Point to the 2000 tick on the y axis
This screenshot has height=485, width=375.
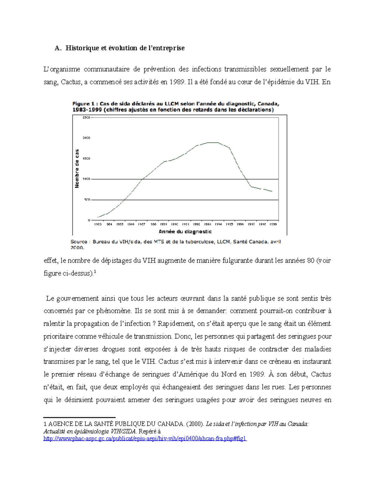pyautogui.click(x=86, y=138)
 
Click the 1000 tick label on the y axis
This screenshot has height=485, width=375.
pyautogui.click(x=86, y=179)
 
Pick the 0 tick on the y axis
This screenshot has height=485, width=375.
pyautogui.click(x=89, y=220)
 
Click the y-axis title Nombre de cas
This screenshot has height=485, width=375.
pyautogui.click(x=77, y=169)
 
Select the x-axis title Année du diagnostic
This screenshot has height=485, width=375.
pyautogui.click(x=185, y=231)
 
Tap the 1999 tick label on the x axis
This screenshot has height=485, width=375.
pyautogui.click(x=273, y=224)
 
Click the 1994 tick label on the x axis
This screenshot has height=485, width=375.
pyautogui.click(x=218, y=224)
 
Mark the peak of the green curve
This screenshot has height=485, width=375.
pyautogui.click(x=212, y=142)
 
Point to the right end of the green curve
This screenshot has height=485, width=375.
pyautogui.click(x=272, y=191)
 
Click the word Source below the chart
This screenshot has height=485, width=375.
pyautogui.click(x=79, y=242)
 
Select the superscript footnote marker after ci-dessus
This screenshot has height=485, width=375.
pyautogui.click(x=95, y=272)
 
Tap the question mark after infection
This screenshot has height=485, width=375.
pyautogui.click(x=154, y=324)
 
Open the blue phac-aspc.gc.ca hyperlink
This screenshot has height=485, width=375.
pyautogui.click(x=145, y=438)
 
